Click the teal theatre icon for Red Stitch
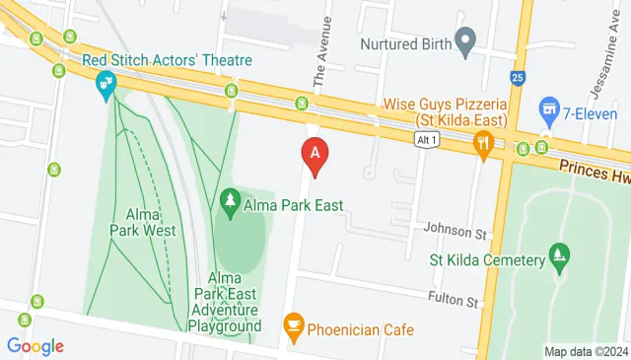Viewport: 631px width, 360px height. pos(102,90)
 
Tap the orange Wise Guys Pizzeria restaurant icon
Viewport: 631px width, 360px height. pos(482,144)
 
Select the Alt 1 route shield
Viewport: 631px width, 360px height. pos(425,141)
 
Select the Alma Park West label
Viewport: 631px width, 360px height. pos(151,222)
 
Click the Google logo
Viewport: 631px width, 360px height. pos(35,345)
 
